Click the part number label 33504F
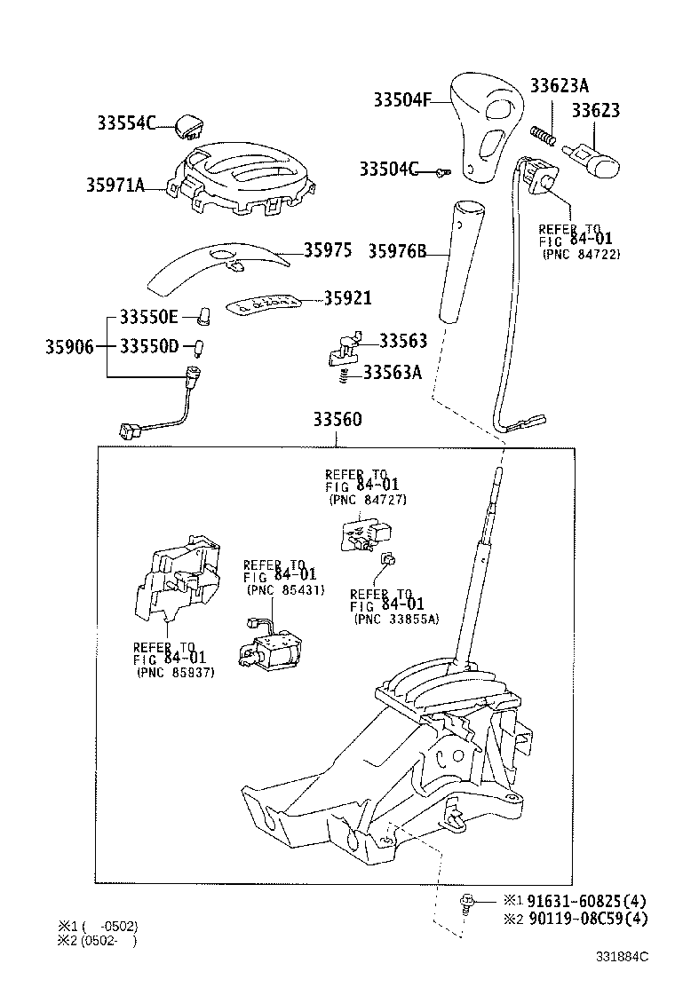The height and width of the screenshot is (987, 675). [x=394, y=101]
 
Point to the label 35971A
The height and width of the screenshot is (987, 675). [x=115, y=186]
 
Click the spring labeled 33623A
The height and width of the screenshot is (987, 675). [x=544, y=136]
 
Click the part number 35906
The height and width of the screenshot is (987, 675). [x=69, y=345]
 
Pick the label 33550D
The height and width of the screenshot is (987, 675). [x=149, y=345]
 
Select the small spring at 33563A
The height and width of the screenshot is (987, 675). [x=344, y=376]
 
